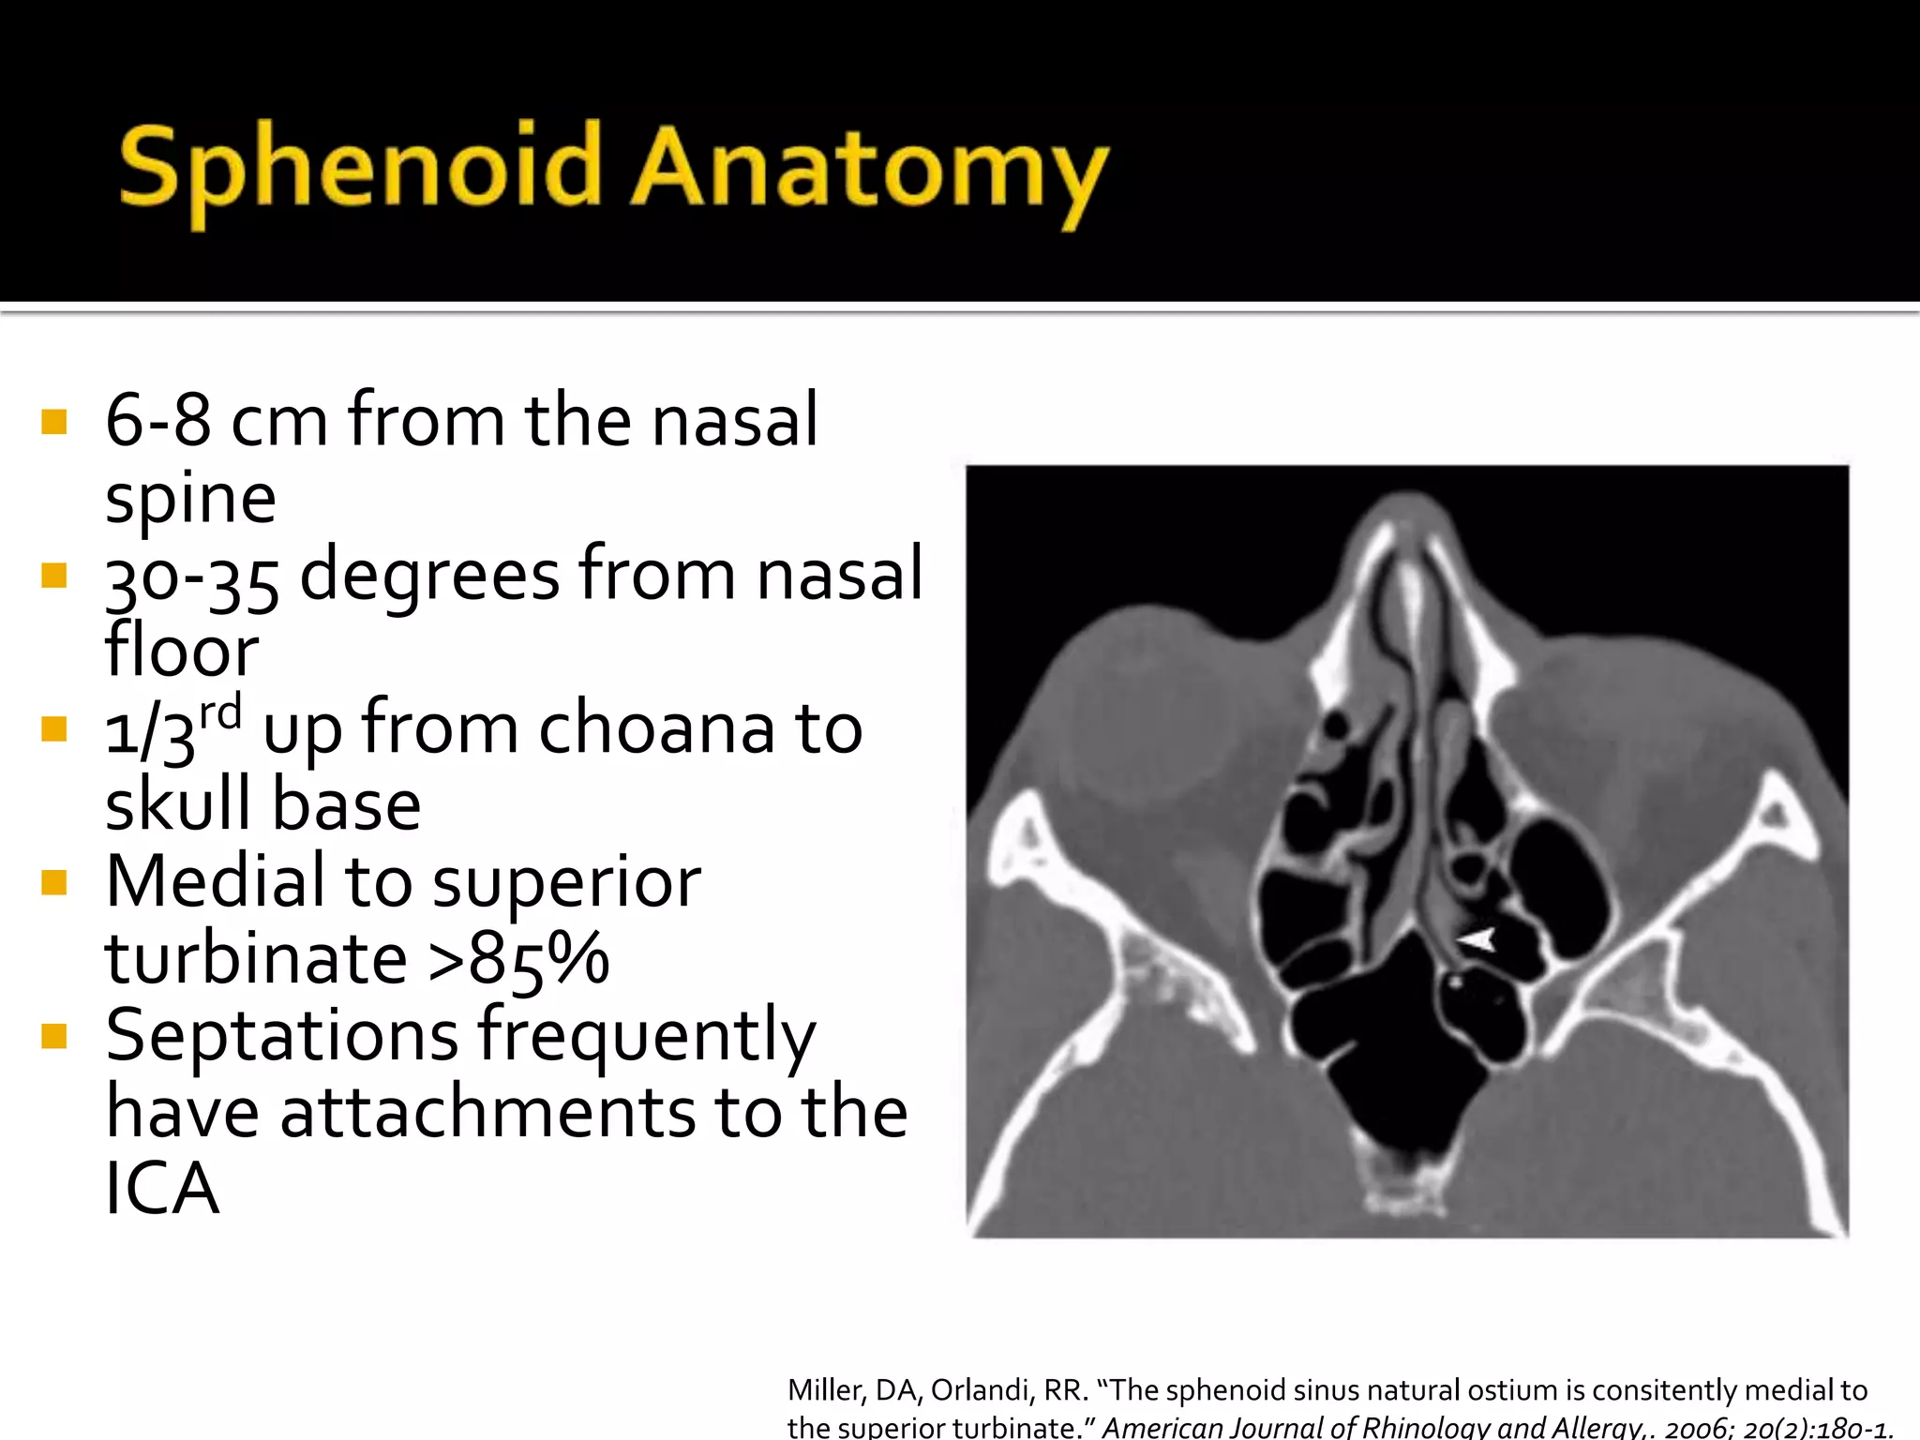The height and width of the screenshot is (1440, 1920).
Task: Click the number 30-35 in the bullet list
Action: click(x=191, y=578)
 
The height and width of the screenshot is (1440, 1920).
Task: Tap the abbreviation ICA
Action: click(x=162, y=1190)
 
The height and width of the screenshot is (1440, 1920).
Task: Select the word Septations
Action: click(x=281, y=1036)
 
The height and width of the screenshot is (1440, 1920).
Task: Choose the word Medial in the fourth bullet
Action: click(x=215, y=882)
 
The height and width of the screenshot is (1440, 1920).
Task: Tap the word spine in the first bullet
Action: click(x=190, y=498)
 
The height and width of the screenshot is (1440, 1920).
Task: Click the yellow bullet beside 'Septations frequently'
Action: click(x=54, y=1036)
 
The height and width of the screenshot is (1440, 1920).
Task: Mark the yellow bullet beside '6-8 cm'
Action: click(x=54, y=422)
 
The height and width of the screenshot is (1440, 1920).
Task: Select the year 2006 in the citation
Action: click(x=1697, y=1428)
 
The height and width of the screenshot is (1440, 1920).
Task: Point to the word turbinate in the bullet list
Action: click(x=256, y=959)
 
